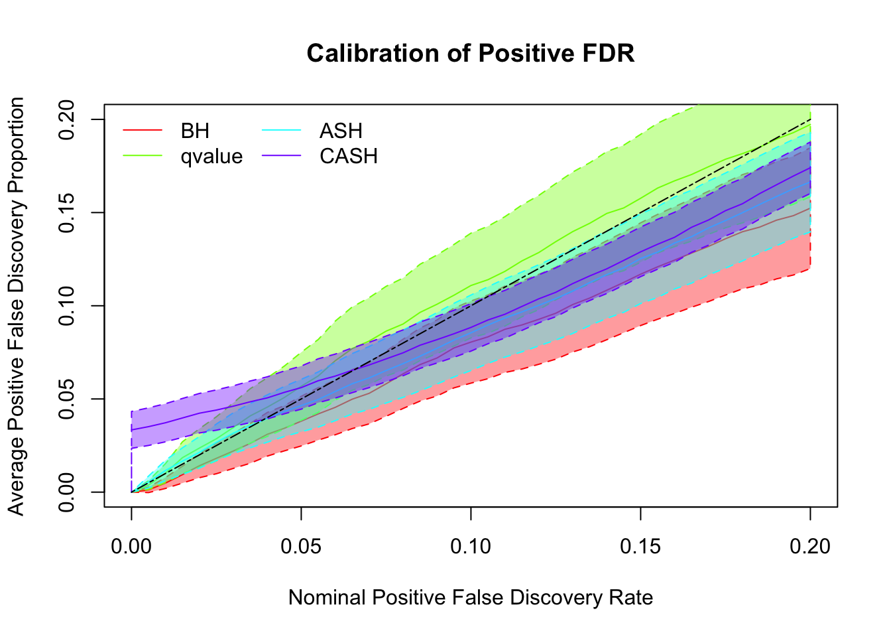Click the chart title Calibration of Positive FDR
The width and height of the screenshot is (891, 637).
tap(471, 53)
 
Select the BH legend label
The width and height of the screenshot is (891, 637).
tap(195, 131)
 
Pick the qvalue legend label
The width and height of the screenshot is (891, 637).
tap(211, 157)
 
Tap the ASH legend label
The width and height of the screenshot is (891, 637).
tap(341, 131)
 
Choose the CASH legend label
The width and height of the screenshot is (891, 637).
tap(349, 157)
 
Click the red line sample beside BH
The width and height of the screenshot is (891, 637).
tap(143, 131)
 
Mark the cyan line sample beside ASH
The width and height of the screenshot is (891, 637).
tap(282, 131)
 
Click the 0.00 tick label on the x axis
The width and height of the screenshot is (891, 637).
tap(131, 546)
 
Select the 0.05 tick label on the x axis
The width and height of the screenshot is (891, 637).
tap(301, 546)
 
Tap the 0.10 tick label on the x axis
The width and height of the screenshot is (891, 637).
tap(471, 546)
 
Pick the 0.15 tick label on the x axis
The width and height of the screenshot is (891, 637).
tap(640, 546)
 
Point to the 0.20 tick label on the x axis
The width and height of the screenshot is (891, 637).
tap(810, 546)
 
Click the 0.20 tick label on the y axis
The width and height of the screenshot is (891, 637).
tap(67, 119)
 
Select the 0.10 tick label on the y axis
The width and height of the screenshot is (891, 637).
tap(67, 306)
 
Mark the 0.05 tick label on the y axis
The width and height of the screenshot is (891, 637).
tap(67, 399)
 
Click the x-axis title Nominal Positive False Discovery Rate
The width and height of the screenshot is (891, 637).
tap(471, 598)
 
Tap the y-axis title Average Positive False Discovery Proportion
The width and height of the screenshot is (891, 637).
tap(17, 306)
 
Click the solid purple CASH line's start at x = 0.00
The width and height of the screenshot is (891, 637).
tap(132, 430)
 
